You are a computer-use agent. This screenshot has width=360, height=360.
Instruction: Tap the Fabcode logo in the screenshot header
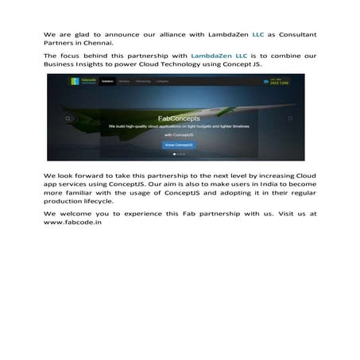click(x=64, y=81)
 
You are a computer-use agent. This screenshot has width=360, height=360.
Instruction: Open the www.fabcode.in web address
click(x=72, y=223)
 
